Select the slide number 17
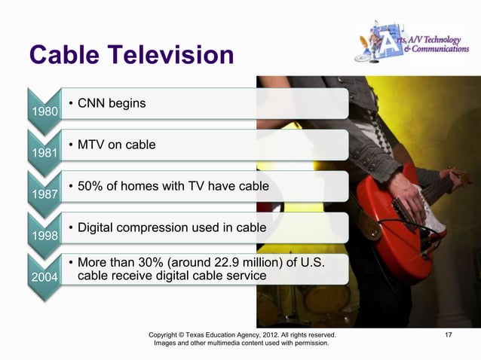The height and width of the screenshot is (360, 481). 449,332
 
